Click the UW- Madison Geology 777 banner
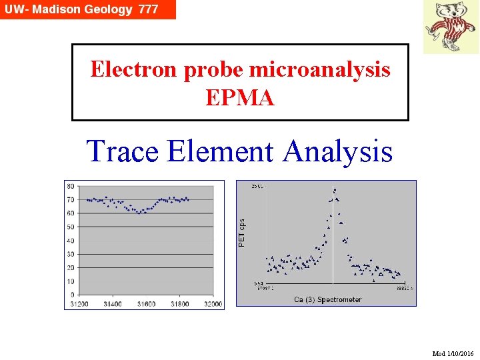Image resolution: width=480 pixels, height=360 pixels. [x=87, y=9]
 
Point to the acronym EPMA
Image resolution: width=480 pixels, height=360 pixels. [x=240, y=98]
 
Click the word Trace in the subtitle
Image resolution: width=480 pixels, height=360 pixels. [x=123, y=151]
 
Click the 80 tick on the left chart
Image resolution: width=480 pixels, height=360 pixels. [x=70, y=186]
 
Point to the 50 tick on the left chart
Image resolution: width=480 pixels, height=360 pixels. [x=70, y=227]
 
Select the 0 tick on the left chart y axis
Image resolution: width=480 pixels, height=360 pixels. [x=72, y=295]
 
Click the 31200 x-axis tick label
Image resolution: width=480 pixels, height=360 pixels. [x=79, y=304]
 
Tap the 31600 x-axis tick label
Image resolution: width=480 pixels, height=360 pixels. [x=146, y=304]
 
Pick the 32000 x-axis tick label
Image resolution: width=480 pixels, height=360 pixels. [x=213, y=304]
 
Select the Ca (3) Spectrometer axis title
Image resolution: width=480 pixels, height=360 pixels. [x=328, y=299]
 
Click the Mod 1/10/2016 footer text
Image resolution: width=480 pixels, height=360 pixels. [x=453, y=353]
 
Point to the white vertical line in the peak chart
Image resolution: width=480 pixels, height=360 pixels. [x=333, y=240]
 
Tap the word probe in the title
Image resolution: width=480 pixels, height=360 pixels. [x=195, y=69]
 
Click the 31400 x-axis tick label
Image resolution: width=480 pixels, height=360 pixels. [x=113, y=304]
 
